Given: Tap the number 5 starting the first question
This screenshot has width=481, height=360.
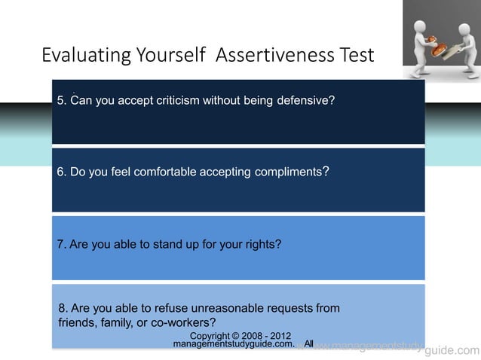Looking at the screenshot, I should pos(60,100).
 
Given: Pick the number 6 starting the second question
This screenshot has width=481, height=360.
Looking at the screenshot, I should pos(60,172).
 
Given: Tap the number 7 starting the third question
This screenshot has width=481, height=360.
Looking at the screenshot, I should pos(60,244).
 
